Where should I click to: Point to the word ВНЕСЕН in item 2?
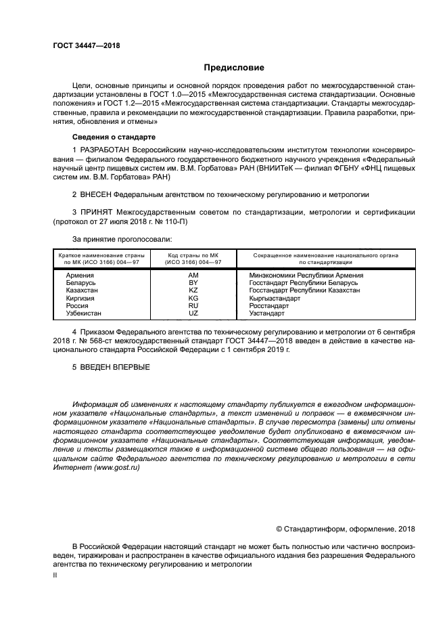(99, 194)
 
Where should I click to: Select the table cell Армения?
(80, 276)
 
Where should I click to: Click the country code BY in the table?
(193, 283)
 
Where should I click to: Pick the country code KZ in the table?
(193, 290)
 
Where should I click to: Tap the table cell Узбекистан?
(84, 313)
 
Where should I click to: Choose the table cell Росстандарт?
(269, 306)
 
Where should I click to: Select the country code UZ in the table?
(193, 313)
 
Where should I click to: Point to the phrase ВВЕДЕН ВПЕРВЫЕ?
(116, 366)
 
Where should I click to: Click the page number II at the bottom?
(56, 574)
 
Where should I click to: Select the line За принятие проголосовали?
(122, 238)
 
